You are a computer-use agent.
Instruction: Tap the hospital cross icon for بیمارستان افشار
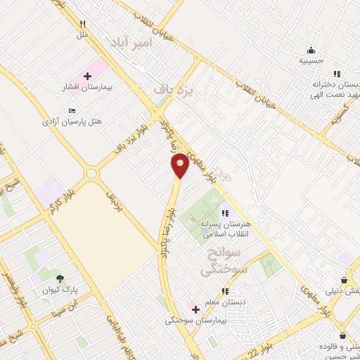(x=87, y=75)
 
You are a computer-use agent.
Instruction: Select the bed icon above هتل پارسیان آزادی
(x=72, y=110)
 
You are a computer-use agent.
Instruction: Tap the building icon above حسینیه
(x=311, y=50)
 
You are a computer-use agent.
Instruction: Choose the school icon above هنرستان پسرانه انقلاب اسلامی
(x=224, y=213)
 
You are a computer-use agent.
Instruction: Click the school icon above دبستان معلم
(x=224, y=291)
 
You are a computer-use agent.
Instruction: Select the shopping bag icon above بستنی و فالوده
(x=342, y=336)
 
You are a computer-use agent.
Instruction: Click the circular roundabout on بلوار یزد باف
(x=91, y=173)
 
